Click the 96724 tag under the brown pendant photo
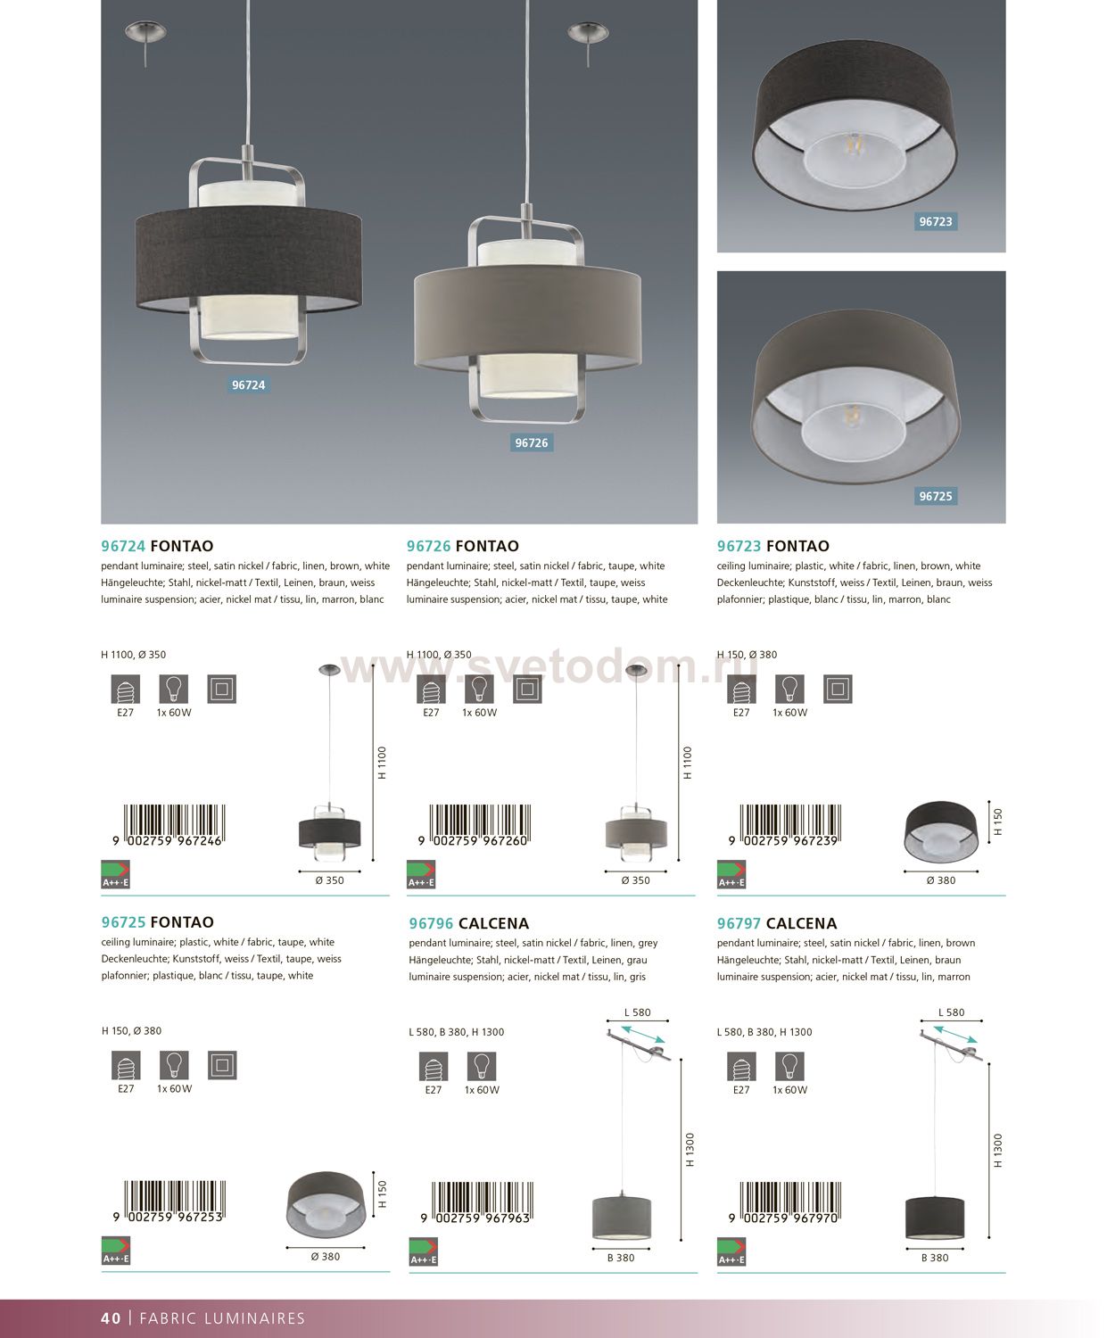coord(248,385)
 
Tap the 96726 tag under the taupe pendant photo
coord(532,442)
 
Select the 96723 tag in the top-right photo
coord(935,222)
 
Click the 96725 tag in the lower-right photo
coord(935,496)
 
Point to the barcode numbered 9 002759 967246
coord(169,825)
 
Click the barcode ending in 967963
coord(477,1202)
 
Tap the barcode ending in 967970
coord(785,1202)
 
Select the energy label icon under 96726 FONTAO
coord(421,875)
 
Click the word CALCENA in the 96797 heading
coord(801,923)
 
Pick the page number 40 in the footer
coord(111,1318)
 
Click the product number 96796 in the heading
coord(431,923)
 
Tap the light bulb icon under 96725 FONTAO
coord(174,1065)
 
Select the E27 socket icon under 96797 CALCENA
coord(741,1066)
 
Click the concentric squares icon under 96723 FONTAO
coord(838,689)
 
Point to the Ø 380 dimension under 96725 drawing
coord(326,1257)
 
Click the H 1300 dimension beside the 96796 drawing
coord(690,1150)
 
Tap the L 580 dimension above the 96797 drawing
coord(951,1012)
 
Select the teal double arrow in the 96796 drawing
coord(643,1034)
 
